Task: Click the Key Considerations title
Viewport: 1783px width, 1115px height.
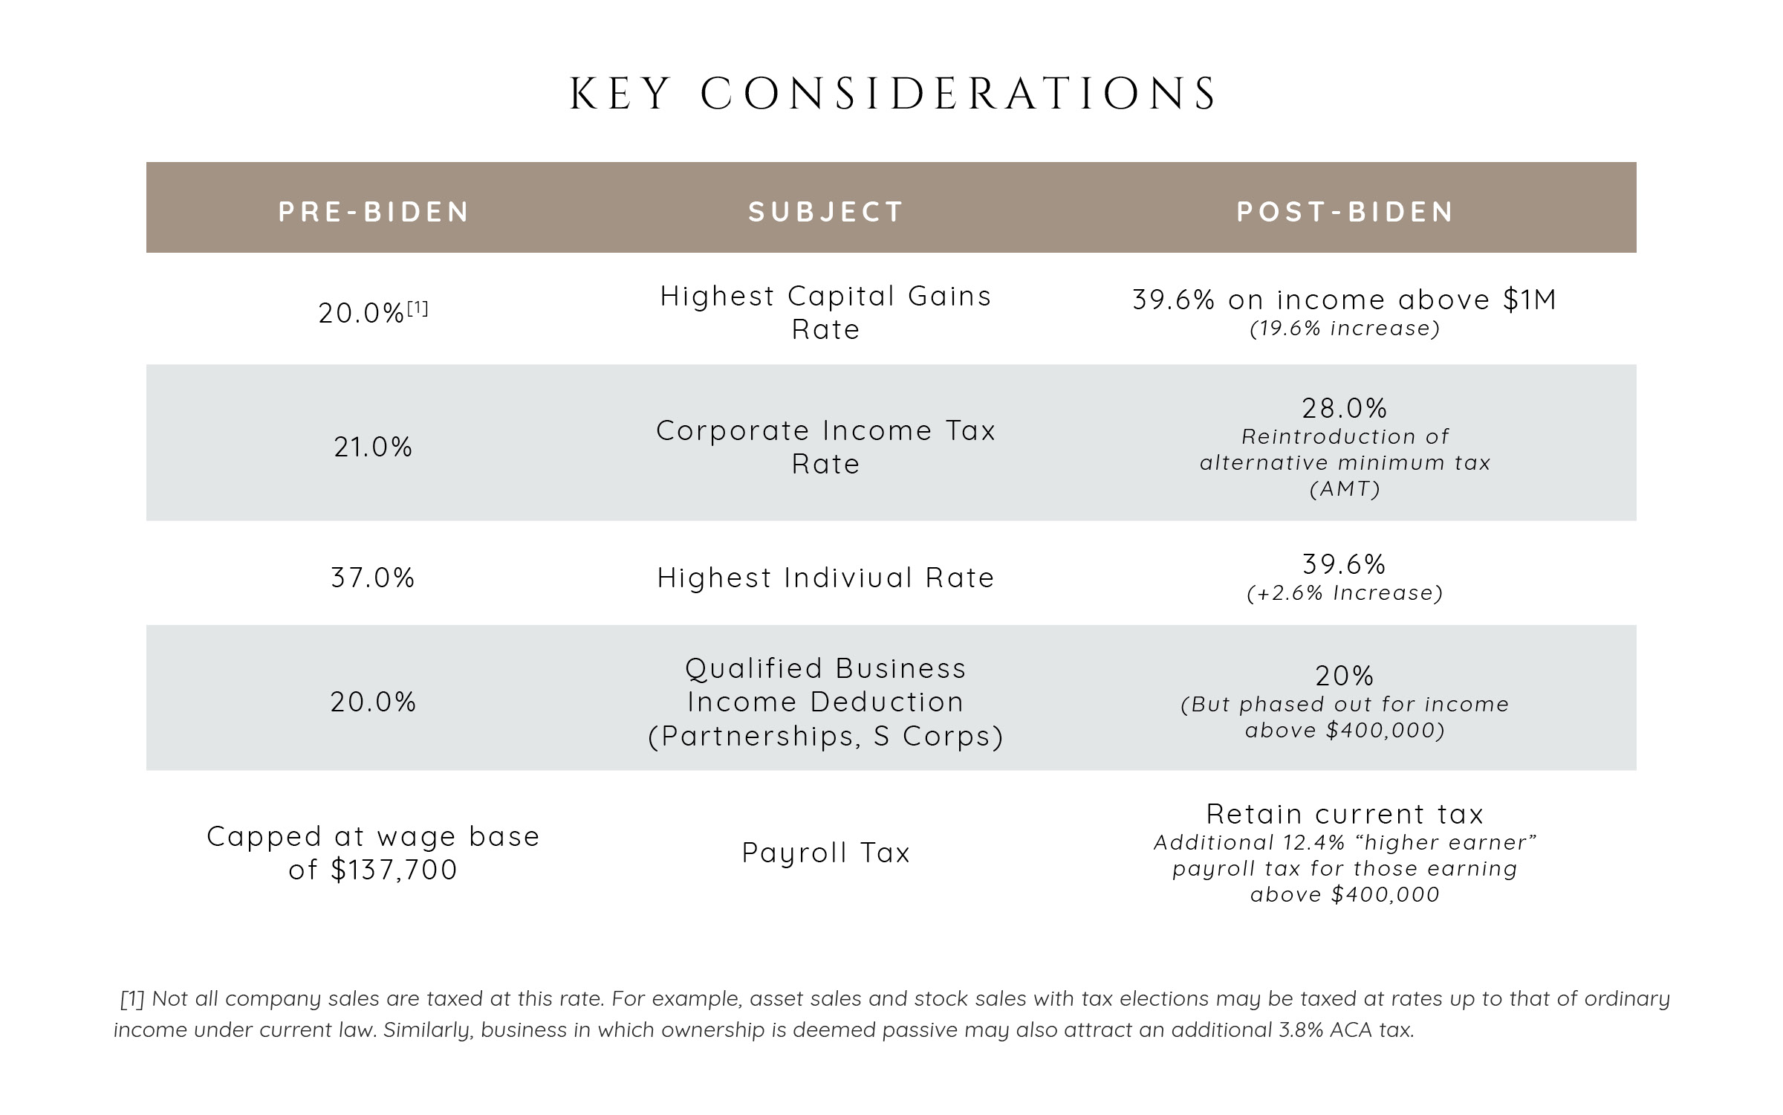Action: point(891,94)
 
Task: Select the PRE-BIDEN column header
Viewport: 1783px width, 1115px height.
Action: point(374,212)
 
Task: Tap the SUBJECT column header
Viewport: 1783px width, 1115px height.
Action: point(825,212)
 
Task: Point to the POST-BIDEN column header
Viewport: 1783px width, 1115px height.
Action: point(1345,212)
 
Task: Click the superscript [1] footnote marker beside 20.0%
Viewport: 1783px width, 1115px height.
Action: point(418,308)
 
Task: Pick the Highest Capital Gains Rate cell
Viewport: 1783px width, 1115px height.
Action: point(825,312)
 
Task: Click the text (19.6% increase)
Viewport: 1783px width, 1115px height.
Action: point(1345,329)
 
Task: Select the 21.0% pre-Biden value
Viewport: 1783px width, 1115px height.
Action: point(373,447)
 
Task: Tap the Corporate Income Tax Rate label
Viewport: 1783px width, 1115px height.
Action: point(825,447)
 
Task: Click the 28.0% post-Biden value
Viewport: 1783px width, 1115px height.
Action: point(1345,408)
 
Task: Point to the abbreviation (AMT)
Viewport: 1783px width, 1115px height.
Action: point(1345,489)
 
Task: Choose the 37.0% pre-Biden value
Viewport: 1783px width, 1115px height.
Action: point(373,578)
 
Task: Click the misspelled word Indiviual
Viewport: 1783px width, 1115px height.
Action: point(848,578)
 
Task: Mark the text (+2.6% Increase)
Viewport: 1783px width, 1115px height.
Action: point(1345,593)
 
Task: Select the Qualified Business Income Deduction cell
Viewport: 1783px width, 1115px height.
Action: point(825,702)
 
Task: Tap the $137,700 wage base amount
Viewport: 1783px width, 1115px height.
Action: point(394,870)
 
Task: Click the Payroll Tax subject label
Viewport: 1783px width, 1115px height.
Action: point(825,853)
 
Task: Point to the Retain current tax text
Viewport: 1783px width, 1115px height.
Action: point(1345,814)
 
